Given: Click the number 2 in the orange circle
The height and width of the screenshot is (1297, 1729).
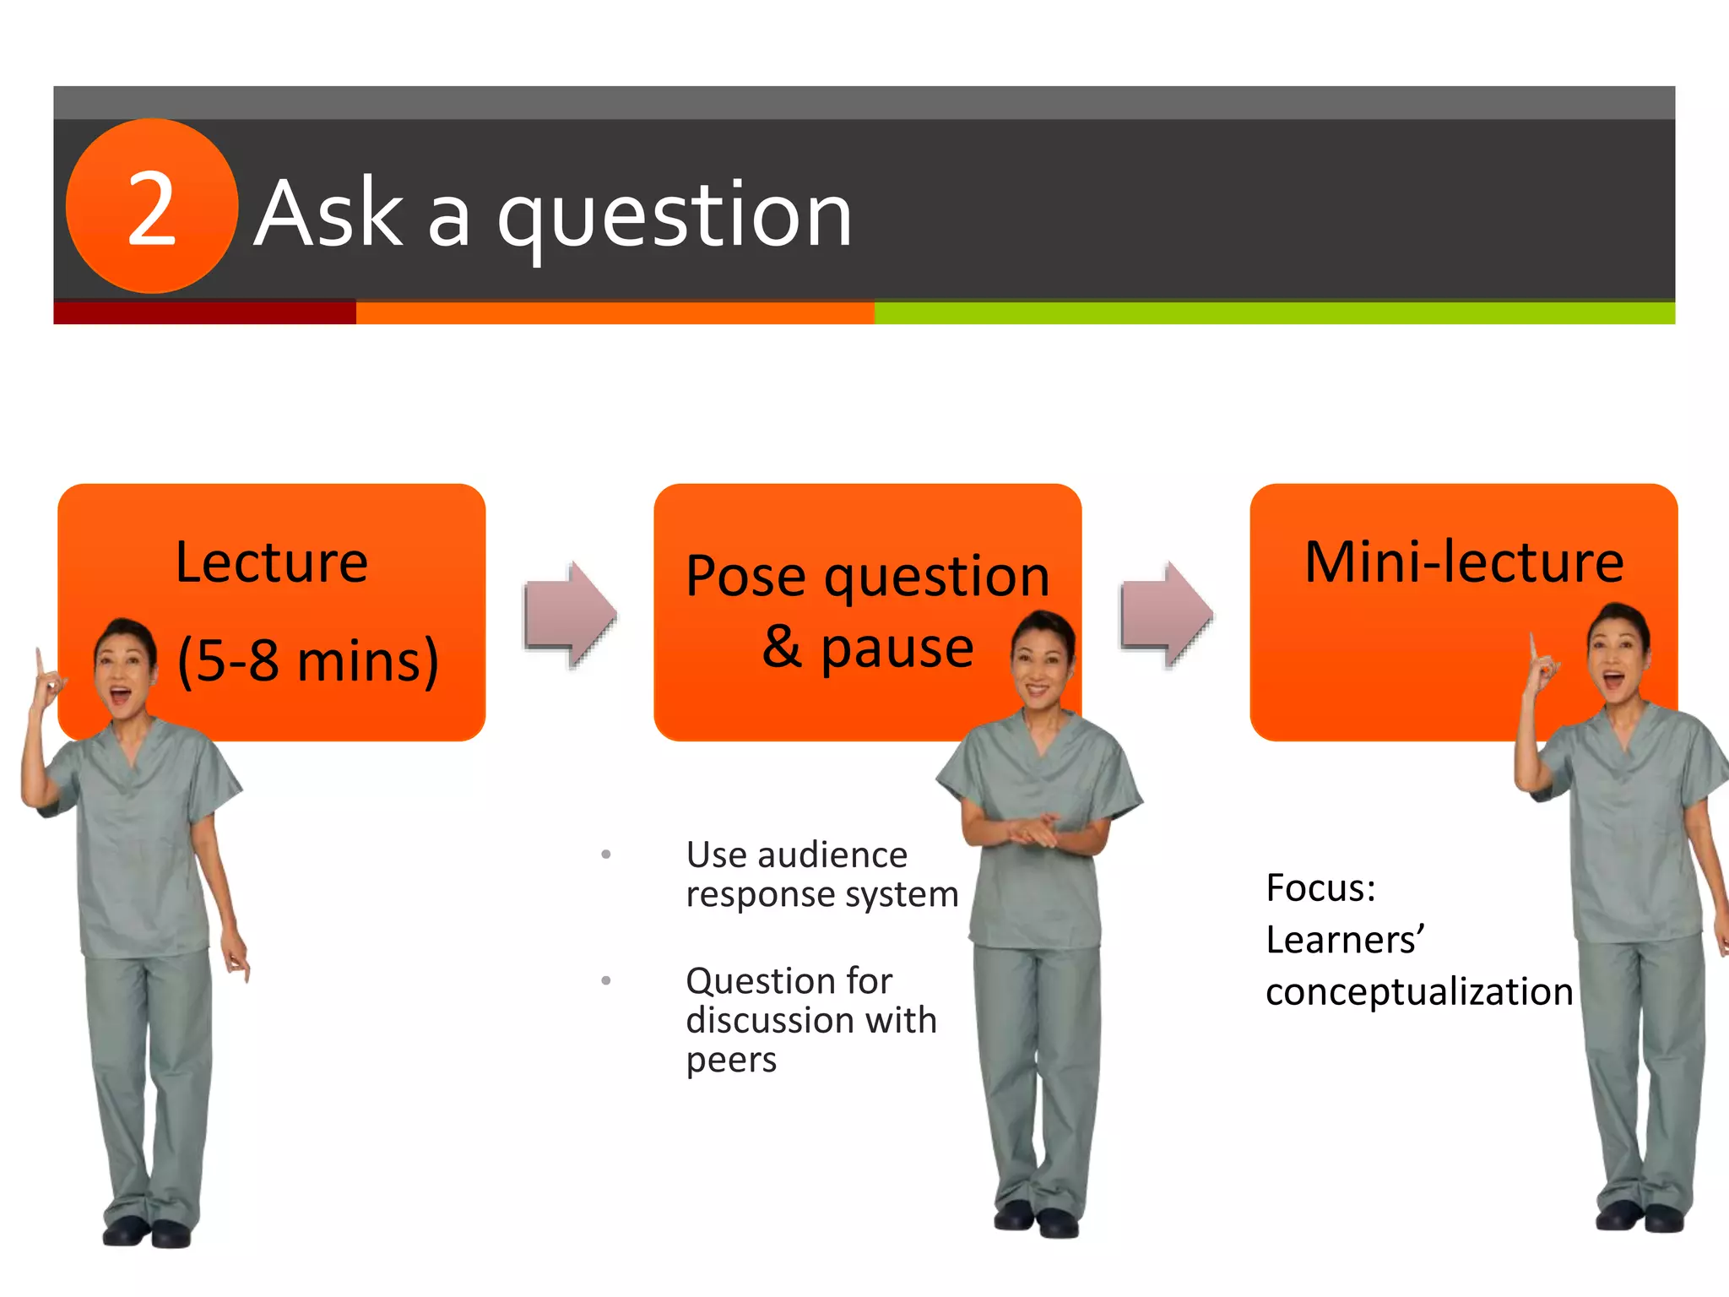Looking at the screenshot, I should (x=151, y=209).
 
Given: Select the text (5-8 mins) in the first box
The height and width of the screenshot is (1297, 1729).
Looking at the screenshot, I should (x=307, y=660).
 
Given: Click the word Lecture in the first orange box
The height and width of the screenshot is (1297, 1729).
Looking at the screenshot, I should (x=271, y=562).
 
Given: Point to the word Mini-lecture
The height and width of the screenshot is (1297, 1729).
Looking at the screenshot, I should (x=1463, y=562).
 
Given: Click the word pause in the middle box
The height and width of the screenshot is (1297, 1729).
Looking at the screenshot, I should (x=897, y=648).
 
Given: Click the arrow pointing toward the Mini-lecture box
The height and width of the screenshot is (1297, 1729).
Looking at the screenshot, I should (x=1166, y=615).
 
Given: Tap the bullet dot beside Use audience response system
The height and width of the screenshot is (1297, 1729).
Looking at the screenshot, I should (x=605, y=855).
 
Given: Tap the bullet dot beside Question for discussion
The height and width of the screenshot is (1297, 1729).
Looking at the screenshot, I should (x=605, y=981).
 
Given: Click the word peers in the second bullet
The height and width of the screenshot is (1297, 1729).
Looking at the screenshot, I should (x=730, y=1060).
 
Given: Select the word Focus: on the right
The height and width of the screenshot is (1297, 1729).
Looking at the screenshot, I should (x=1320, y=888).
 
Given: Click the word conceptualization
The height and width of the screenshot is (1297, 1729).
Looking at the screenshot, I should (x=1419, y=991).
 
